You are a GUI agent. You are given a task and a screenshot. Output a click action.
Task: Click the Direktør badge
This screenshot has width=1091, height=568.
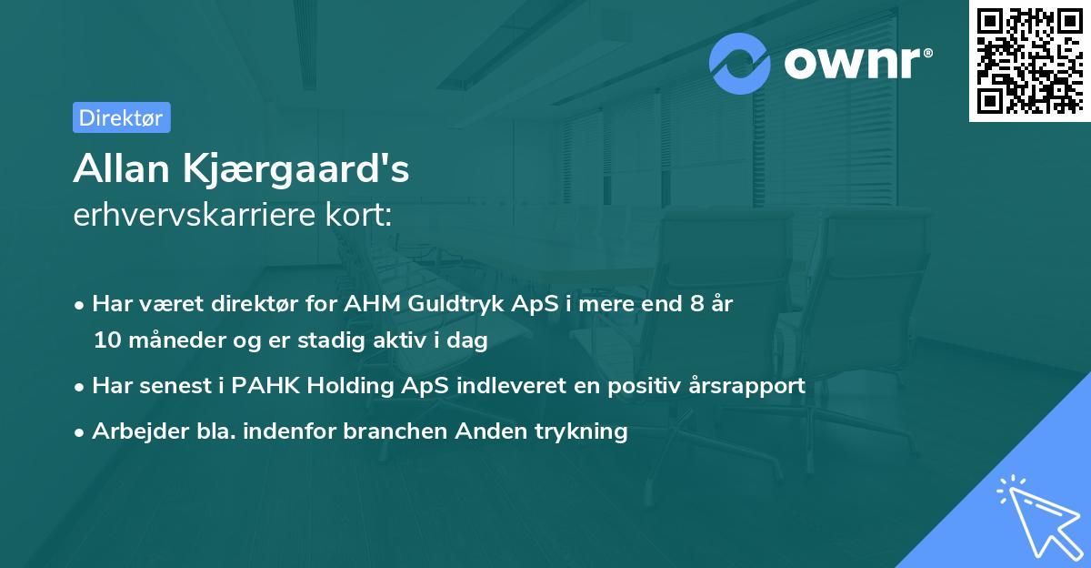(121, 117)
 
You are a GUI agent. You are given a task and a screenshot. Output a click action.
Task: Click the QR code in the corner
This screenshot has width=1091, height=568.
(1030, 61)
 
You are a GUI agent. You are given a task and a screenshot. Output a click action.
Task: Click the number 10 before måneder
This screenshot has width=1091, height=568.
(105, 340)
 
